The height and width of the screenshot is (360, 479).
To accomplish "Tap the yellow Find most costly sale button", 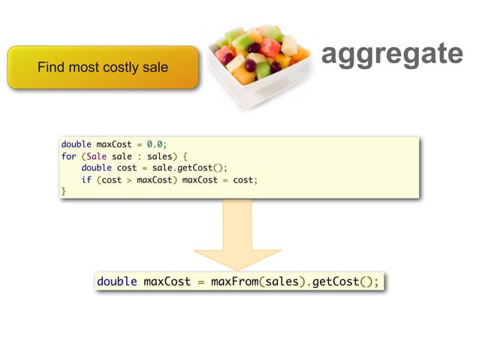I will [x=103, y=68].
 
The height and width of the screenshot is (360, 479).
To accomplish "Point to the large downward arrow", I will [x=237, y=233].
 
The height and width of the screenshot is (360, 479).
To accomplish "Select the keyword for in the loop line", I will [x=68, y=156].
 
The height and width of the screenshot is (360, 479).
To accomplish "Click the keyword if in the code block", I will [x=86, y=180].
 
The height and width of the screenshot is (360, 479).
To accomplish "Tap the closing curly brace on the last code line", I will [x=64, y=192].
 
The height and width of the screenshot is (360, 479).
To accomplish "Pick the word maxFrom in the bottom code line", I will [x=233, y=282].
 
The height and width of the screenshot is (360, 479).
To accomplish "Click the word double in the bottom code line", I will [x=117, y=282].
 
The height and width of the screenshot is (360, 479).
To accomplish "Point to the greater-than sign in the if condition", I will [x=129, y=180].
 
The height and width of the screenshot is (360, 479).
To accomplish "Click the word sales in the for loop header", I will [x=161, y=156].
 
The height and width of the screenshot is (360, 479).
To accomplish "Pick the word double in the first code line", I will [x=76, y=144].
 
